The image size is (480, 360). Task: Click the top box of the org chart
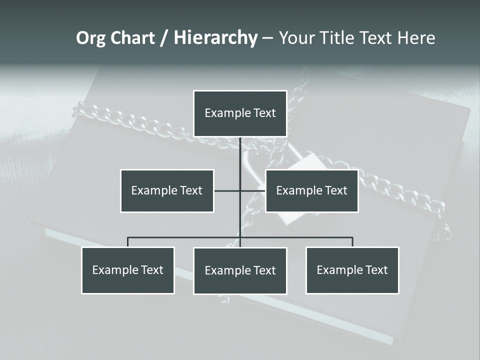[240, 113]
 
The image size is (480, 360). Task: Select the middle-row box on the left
[167, 190]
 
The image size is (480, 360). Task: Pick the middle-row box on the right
[311, 190]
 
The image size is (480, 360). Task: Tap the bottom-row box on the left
[128, 270]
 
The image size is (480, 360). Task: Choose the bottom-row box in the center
[240, 271]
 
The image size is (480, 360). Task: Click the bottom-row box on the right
[352, 270]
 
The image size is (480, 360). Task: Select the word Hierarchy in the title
[215, 38]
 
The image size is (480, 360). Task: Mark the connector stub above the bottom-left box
[128, 242]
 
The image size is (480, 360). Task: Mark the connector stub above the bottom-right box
[352, 242]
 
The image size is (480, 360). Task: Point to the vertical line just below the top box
[240, 150]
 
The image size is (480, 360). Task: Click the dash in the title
[267, 38]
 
